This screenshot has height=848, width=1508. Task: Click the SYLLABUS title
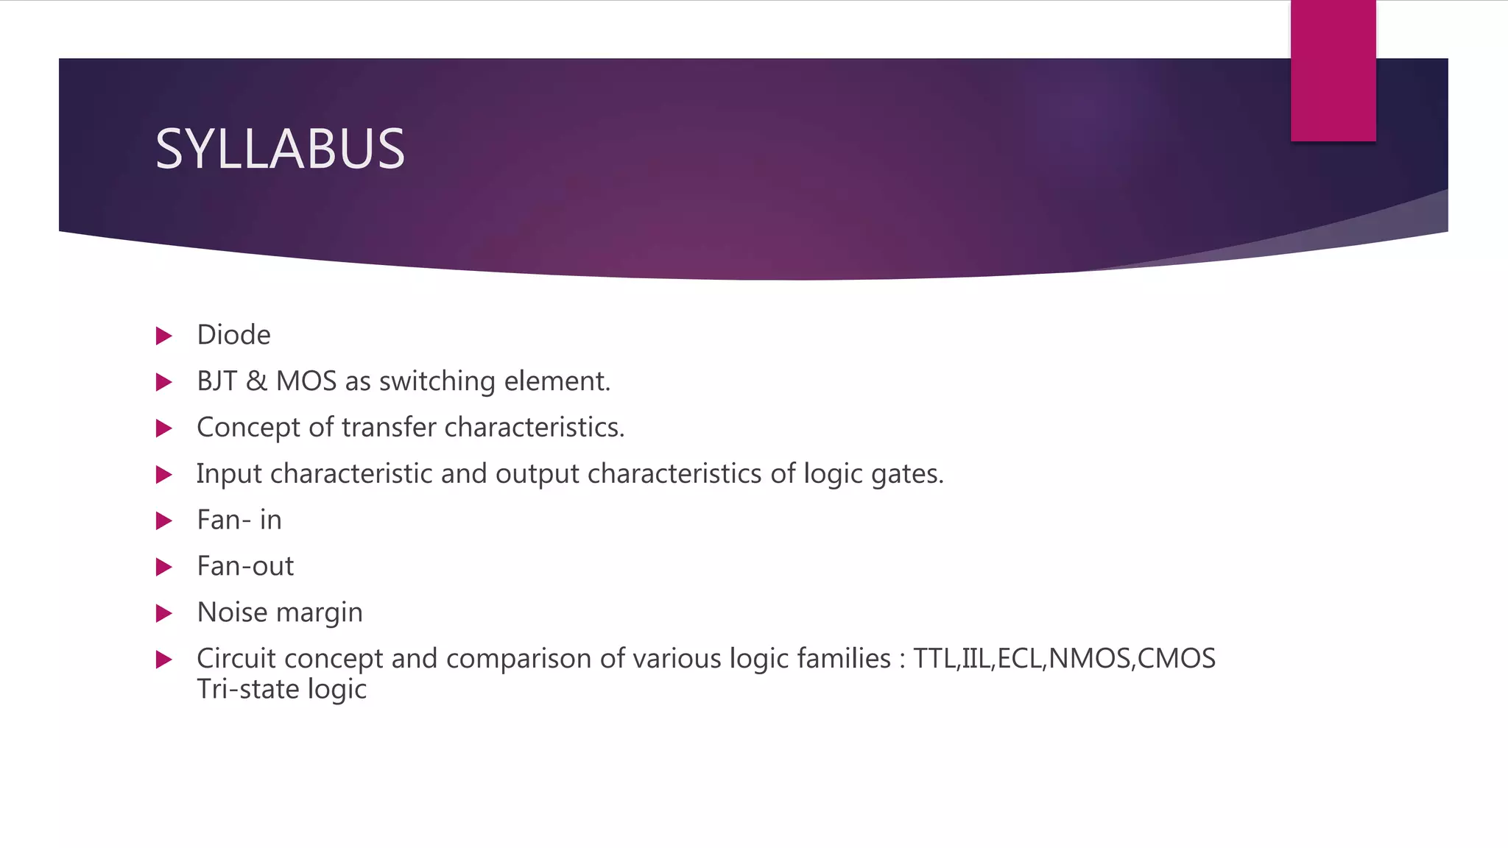point(280,149)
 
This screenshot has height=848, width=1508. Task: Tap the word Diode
point(233,336)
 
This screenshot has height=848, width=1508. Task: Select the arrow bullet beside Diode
point(164,336)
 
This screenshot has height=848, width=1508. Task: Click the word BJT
point(216,381)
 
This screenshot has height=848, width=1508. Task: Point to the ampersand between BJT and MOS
point(256,381)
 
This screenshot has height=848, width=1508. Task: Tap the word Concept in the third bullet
point(248,428)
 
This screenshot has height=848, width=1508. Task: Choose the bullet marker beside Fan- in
point(164,521)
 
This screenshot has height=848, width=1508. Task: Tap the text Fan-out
point(245,567)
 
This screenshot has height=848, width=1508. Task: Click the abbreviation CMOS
point(1176,659)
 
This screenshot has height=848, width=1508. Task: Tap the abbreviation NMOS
point(1089,659)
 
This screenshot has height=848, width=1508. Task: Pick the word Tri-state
point(248,690)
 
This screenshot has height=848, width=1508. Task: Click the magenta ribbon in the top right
point(1333,70)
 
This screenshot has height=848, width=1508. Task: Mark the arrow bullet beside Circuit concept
point(164,660)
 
